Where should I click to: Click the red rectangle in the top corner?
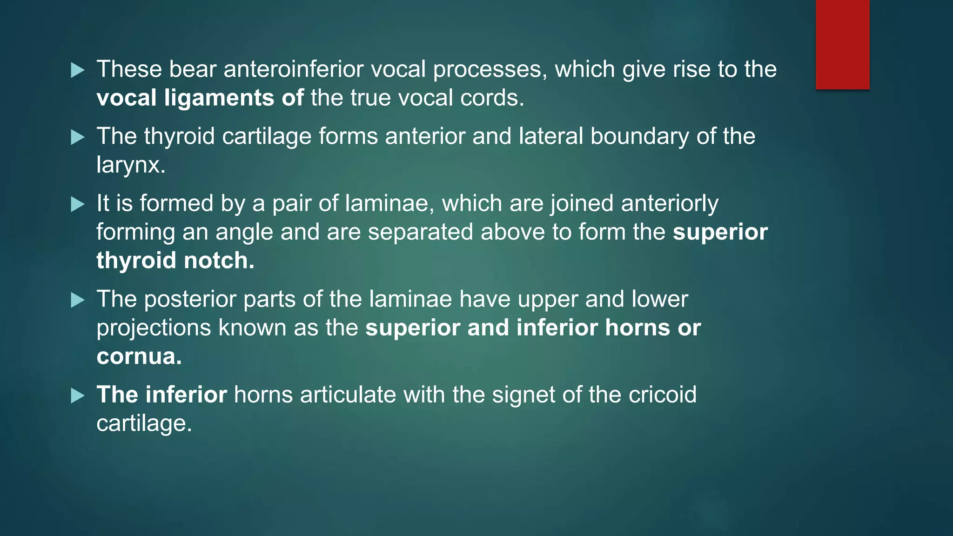pos(842,44)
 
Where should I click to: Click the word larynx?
pos(130,165)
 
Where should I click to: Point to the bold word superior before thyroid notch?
pos(720,232)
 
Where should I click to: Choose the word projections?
pos(154,328)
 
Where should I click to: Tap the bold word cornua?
pos(139,357)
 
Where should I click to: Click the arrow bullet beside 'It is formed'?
pos(78,204)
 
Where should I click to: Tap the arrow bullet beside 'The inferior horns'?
pos(78,396)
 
